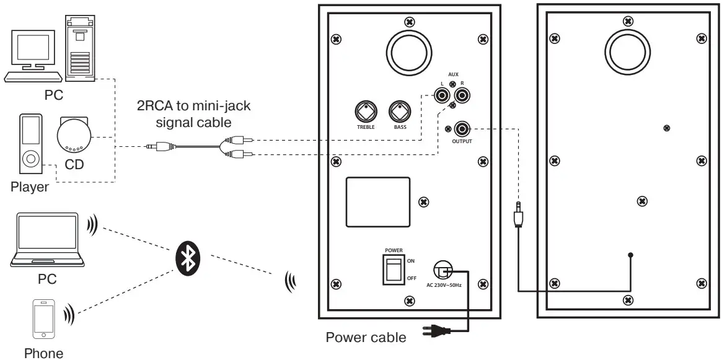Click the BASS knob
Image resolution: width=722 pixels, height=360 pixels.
coord(400,112)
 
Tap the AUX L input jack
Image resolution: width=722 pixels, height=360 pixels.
coord(442,95)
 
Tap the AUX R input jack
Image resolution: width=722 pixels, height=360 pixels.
coord(462,95)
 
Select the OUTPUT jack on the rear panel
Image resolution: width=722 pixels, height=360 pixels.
coord(462,129)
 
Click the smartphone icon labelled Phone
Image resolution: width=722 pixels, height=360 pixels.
coord(43,320)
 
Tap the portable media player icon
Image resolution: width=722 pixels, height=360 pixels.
coord(29,145)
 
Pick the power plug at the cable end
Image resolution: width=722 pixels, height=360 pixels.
coord(436,330)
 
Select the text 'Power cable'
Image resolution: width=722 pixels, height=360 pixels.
coord(366,338)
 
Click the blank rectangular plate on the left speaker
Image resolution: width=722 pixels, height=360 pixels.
coord(378,202)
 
